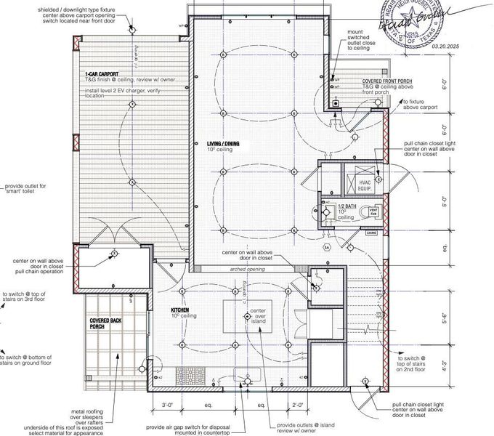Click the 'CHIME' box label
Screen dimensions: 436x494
[x=370, y=233]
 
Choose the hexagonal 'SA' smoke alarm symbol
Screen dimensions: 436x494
[x=328, y=248]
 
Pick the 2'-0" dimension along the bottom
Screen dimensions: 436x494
[x=296, y=404]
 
